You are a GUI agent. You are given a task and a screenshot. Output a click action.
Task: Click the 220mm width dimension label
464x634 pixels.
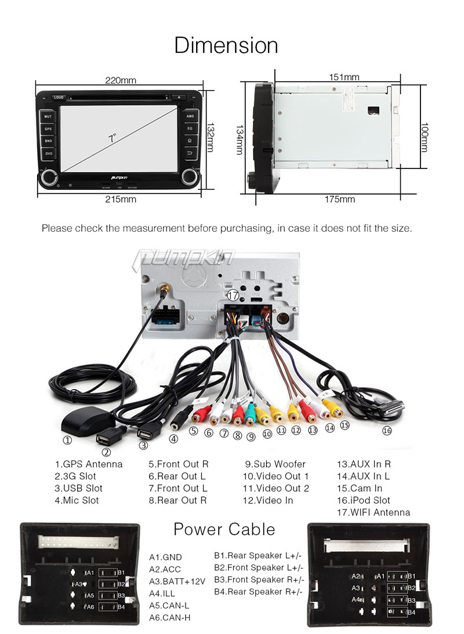(x=121, y=81)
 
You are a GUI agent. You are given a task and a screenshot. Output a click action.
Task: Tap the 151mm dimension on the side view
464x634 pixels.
(x=344, y=77)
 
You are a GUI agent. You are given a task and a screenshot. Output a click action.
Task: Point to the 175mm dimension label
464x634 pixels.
(x=340, y=200)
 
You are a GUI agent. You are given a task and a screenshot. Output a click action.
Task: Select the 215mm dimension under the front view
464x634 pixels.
(x=121, y=200)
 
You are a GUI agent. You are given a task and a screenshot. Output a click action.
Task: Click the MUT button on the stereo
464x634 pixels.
(x=49, y=116)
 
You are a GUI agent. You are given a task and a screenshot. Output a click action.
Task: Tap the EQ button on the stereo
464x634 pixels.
(x=190, y=128)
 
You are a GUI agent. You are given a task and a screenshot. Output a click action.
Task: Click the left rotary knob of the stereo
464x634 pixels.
(x=48, y=176)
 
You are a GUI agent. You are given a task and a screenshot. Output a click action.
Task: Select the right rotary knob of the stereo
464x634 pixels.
(x=189, y=176)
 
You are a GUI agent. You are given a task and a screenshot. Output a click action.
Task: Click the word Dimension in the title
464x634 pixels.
(x=226, y=45)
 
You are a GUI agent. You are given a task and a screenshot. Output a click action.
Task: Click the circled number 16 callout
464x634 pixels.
(x=387, y=431)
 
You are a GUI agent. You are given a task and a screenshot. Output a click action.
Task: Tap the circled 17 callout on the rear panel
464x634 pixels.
(x=233, y=295)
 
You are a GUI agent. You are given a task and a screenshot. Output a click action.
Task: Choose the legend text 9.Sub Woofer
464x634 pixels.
(x=275, y=464)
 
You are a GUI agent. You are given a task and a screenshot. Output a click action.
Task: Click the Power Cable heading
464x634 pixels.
(x=224, y=529)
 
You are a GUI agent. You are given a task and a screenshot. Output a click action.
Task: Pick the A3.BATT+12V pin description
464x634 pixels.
(x=177, y=581)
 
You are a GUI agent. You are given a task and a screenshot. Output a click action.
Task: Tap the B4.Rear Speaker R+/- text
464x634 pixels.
(x=259, y=592)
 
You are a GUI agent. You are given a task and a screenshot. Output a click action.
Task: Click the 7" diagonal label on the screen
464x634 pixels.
(x=113, y=138)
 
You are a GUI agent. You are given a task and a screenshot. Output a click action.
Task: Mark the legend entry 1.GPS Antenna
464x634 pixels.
(x=89, y=464)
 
